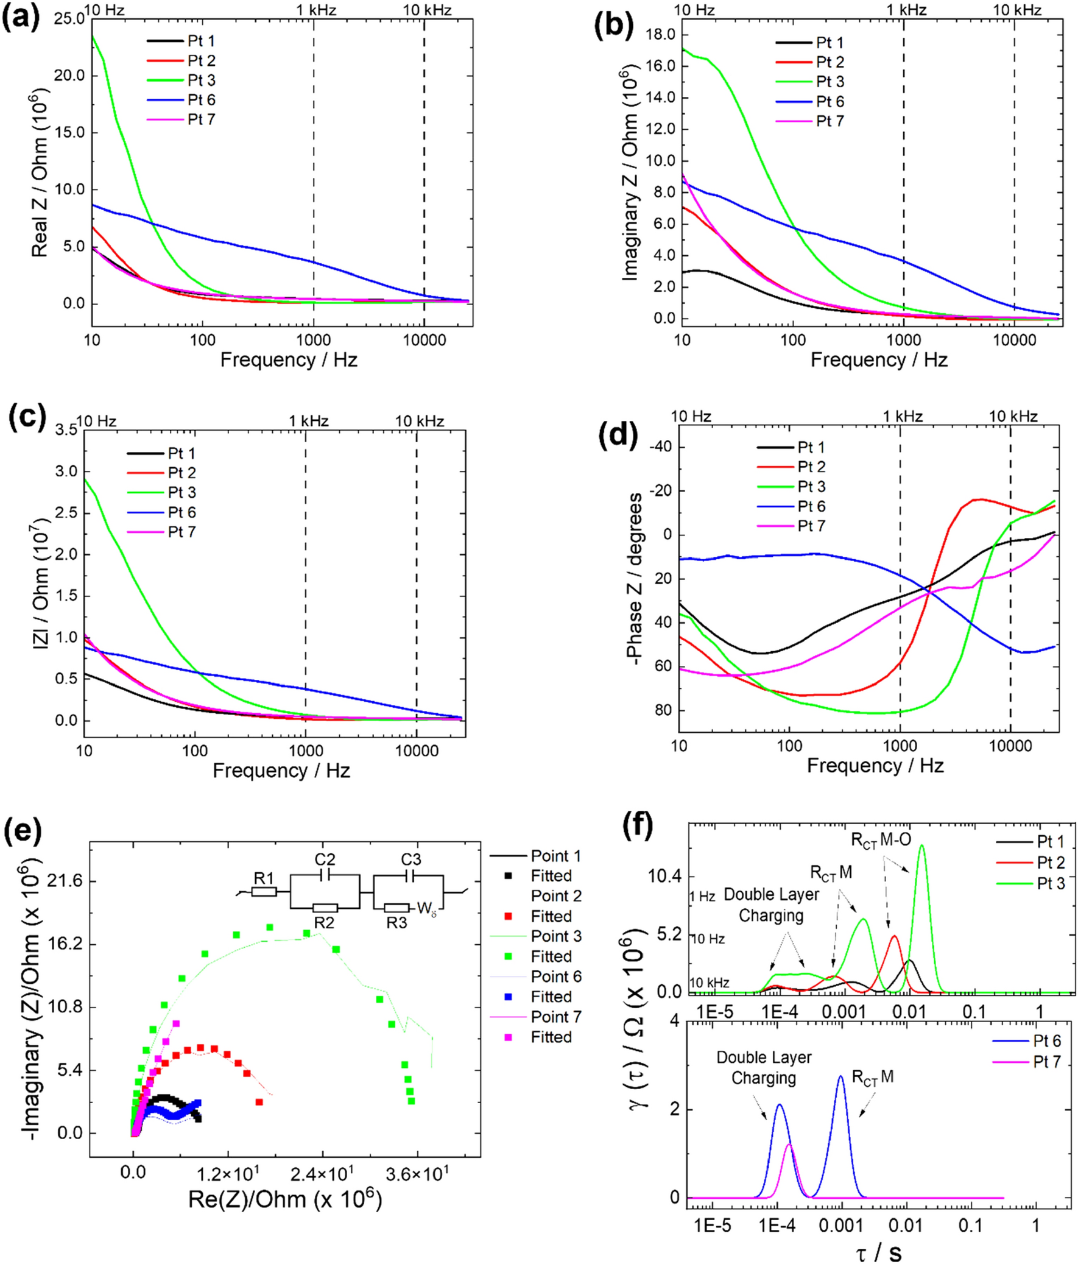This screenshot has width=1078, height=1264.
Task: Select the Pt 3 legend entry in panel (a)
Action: tap(201, 80)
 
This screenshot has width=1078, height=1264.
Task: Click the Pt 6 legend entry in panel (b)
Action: tap(830, 101)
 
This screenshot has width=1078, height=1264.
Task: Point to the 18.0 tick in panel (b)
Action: tap(662, 35)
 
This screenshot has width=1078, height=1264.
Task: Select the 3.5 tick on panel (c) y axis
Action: tap(66, 430)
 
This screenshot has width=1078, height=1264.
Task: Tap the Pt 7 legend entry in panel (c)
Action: tap(181, 532)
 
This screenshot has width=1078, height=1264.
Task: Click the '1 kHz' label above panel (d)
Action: tap(903, 417)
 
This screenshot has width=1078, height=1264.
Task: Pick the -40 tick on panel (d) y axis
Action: tap(660, 447)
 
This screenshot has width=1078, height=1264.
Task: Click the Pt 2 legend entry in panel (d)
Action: tap(811, 467)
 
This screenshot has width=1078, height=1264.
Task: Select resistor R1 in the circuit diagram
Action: tap(264, 891)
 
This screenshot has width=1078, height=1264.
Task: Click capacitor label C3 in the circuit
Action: tap(410, 860)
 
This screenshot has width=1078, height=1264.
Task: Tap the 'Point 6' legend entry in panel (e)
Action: tap(556, 976)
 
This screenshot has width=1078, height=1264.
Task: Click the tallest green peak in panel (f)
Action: tap(921, 846)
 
